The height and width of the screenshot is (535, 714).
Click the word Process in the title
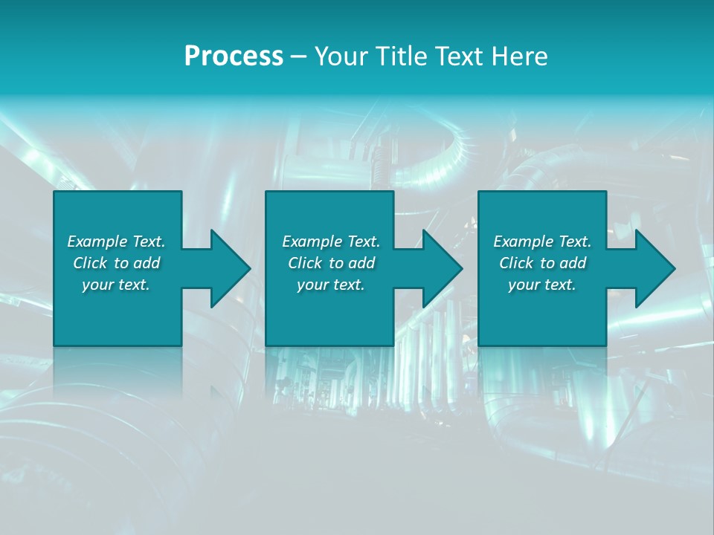(x=234, y=56)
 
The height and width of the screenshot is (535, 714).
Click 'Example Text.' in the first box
(x=116, y=241)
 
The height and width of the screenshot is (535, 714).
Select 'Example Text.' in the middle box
(x=331, y=241)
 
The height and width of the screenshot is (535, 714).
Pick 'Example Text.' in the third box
(x=542, y=241)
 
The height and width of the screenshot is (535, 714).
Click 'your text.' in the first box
(x=116, y=285)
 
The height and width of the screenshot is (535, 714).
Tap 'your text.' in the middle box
(x=331, y=285)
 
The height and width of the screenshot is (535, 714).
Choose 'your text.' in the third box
(x=542, y=285)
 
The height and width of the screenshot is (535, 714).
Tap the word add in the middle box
(x=361, y=263)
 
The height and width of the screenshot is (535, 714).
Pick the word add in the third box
(x=573, y=263)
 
